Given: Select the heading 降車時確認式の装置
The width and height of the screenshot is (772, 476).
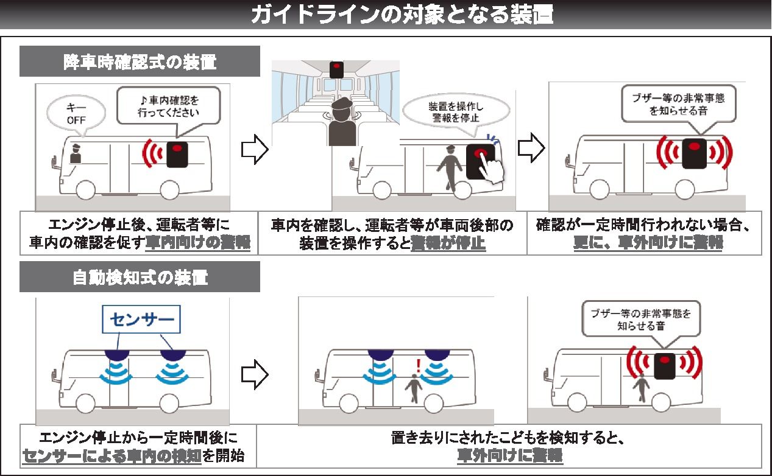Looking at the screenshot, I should (140, 61).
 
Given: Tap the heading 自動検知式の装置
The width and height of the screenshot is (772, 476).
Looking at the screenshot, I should (140, 278).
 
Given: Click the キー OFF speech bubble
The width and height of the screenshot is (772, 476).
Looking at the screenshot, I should (76, 114).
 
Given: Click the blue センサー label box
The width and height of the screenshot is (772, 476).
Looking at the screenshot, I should (141, 319).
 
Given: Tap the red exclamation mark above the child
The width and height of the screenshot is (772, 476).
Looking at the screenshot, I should (417, 365).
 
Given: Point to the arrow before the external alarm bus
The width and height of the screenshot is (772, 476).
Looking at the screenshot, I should (531, 149).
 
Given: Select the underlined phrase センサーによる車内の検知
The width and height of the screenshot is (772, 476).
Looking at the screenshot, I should (112, 456).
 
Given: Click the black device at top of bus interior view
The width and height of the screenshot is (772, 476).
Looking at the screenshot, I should (336, 69).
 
